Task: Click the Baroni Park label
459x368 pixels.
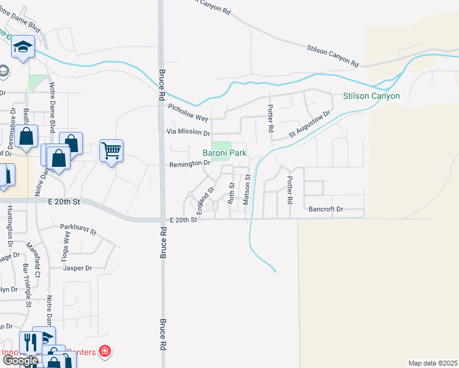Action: click(225, 153)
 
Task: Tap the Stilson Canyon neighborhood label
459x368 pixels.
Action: click(371, 96)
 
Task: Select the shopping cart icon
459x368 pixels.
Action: click(111, 149)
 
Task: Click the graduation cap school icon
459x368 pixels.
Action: click(23, 47)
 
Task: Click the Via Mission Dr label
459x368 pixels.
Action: click(188, 132)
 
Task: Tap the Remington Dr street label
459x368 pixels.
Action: click(190, 164)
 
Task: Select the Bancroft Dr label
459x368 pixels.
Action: click(325, 209)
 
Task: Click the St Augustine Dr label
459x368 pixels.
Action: click(310, 125)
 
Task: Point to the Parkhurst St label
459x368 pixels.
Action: click(79, 230)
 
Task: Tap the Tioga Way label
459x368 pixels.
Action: click(66, 251)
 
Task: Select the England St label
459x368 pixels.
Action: click(204, 197)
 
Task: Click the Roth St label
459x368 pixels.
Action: click(231, 193)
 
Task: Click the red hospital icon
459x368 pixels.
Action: click(106, 351)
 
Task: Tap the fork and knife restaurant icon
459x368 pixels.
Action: click(29, 341)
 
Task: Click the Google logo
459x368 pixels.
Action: click(20, 361)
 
